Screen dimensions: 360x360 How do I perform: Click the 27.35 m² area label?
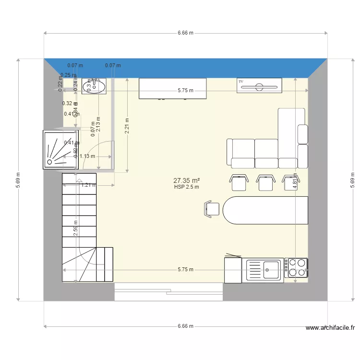pos(186,180)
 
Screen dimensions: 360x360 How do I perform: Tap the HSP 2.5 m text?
pos(186,187)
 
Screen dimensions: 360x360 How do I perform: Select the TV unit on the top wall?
pos(260,85)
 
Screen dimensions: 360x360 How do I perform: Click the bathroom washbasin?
pos(94,86)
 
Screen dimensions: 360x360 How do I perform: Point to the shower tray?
pos(61,150)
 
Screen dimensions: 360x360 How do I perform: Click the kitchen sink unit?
pos(264,270)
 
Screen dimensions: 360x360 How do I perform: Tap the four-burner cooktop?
pos(296,268)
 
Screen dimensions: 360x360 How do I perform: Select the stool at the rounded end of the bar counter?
pos(212,209)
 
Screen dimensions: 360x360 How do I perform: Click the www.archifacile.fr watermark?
pos(331,328)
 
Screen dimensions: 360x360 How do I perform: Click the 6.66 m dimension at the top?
pos(185,33)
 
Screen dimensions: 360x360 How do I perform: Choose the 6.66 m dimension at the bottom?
pos(185,326)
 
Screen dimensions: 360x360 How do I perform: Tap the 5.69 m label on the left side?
pos(18,180)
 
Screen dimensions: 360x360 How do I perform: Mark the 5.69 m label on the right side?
pos(352,180)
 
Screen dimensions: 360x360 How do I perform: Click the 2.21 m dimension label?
pos(127,126)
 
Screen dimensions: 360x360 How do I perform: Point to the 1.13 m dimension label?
pos(87,156)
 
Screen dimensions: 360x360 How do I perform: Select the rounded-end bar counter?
pos(266,210)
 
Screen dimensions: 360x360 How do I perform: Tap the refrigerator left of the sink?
pos(233,270)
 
